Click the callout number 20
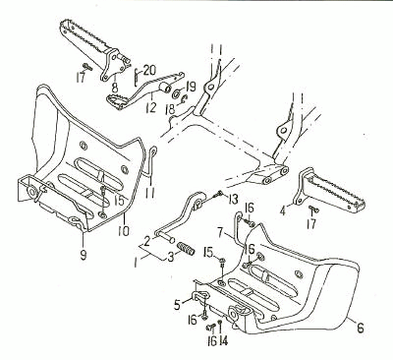(x=149, y=70)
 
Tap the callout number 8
(x=115, y=88)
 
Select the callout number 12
(x=151, y=106)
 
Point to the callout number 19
(x=191, y=87)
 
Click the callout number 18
(x=171, y=109)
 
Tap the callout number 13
(x=233, y=198)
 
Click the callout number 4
(x=283, y=210)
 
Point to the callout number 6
(x=360, y=328)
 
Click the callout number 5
(x=177, y=305)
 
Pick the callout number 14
(x=223, y=341)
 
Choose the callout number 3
(x=171, y=257)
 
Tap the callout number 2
(x=146, y=242)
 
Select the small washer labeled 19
(x=177, y=94)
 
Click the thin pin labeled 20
(x=137, y=76)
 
